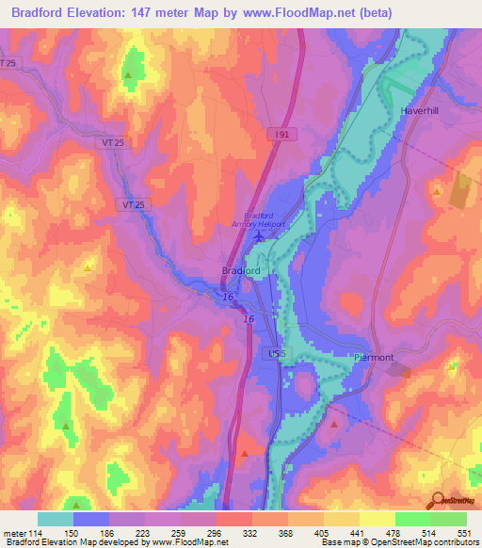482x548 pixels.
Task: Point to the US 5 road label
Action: pos(274,353)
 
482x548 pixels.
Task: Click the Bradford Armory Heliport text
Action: pos(259,218)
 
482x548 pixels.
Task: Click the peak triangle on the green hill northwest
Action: pos(128,73)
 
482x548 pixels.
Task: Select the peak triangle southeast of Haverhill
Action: pos(438,191)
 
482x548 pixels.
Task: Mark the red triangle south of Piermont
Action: pos(334,426)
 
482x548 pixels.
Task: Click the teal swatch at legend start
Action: pos(56,519)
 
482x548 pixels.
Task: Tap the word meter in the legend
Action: pos(14,532)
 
